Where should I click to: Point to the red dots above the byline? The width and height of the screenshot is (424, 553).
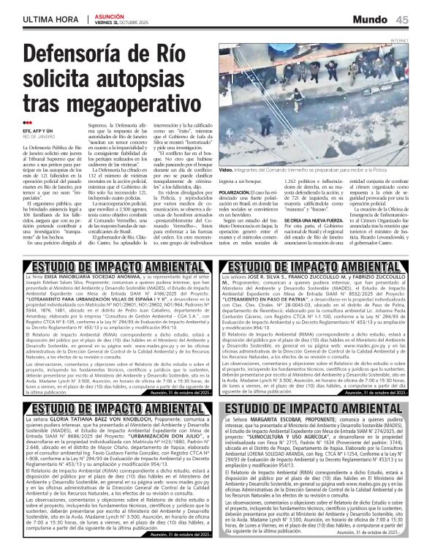[28, 123]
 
